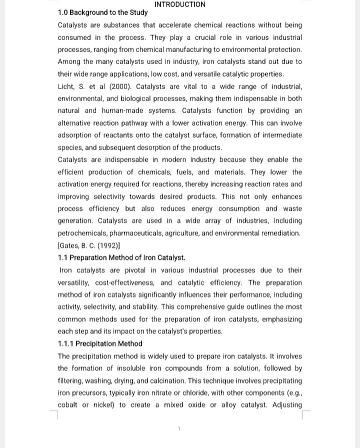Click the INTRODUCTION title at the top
coord(180,4)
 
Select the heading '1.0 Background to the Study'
coord(102,12)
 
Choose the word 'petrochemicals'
coord(82,233)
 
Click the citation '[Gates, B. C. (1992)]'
coord(88,245)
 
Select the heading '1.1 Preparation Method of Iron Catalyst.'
coord(121,258)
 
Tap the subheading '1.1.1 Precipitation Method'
coord(100,343)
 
